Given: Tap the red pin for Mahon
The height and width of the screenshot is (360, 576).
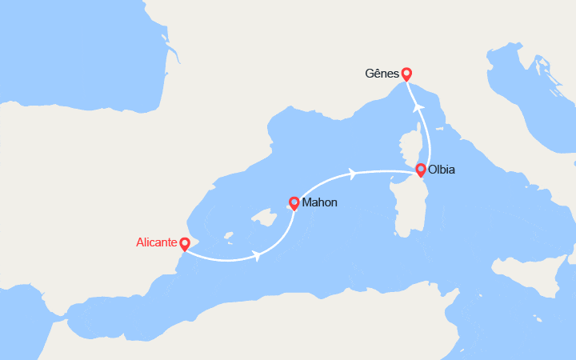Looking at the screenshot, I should (294, 203).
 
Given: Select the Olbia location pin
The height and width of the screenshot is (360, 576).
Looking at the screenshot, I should (421, 170).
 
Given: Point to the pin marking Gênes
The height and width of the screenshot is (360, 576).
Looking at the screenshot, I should (406, 74).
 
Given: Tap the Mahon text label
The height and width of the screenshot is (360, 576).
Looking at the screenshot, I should (319, 202).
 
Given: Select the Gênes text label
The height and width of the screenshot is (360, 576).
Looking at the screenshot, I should (382, 74).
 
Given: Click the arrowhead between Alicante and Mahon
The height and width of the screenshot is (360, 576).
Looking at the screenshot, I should (257, 255).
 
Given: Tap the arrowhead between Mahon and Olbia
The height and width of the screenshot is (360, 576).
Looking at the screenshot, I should (352, 172).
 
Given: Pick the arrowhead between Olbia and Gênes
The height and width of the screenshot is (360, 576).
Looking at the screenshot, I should (418, 106).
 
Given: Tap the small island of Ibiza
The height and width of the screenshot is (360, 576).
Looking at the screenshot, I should (228, 236).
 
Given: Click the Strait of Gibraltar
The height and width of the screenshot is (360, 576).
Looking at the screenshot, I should (60, 321).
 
